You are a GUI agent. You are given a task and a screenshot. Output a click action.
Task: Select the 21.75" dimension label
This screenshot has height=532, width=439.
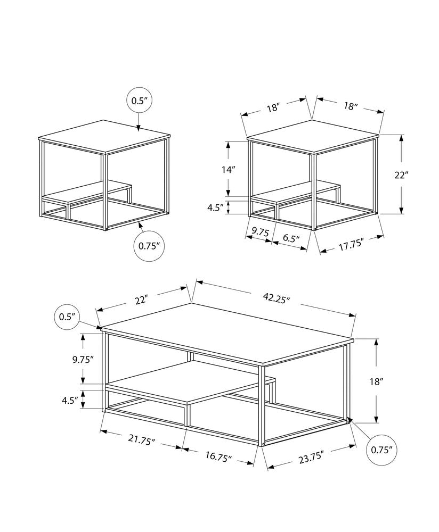pyautogui.click(x=142, y=440)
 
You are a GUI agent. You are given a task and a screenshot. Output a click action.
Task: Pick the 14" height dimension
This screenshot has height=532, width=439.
pyautogui.click(x=229, y=170)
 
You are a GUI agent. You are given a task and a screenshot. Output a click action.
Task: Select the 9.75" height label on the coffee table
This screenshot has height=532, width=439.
pyautogui.click(x=83, y=359)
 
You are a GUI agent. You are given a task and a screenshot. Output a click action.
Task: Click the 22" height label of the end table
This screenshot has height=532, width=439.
pyautogui.click(x=401, y=175)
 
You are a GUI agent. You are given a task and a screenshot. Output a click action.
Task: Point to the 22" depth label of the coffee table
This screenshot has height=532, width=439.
pyautogui.click(x=141, y=301)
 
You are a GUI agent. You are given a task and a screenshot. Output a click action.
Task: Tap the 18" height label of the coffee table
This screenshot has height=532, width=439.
pyautogui.click(x=376, y=381)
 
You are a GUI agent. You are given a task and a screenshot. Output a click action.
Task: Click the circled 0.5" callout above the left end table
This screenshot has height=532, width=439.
pyautogui.click(x=138, y=102)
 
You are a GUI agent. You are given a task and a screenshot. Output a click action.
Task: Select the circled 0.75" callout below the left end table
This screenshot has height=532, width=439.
pyautogui.click(x=149, y=246)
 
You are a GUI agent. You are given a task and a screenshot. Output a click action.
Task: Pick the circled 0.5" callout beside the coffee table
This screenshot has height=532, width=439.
pyautogui.click(x=67, y=317)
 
